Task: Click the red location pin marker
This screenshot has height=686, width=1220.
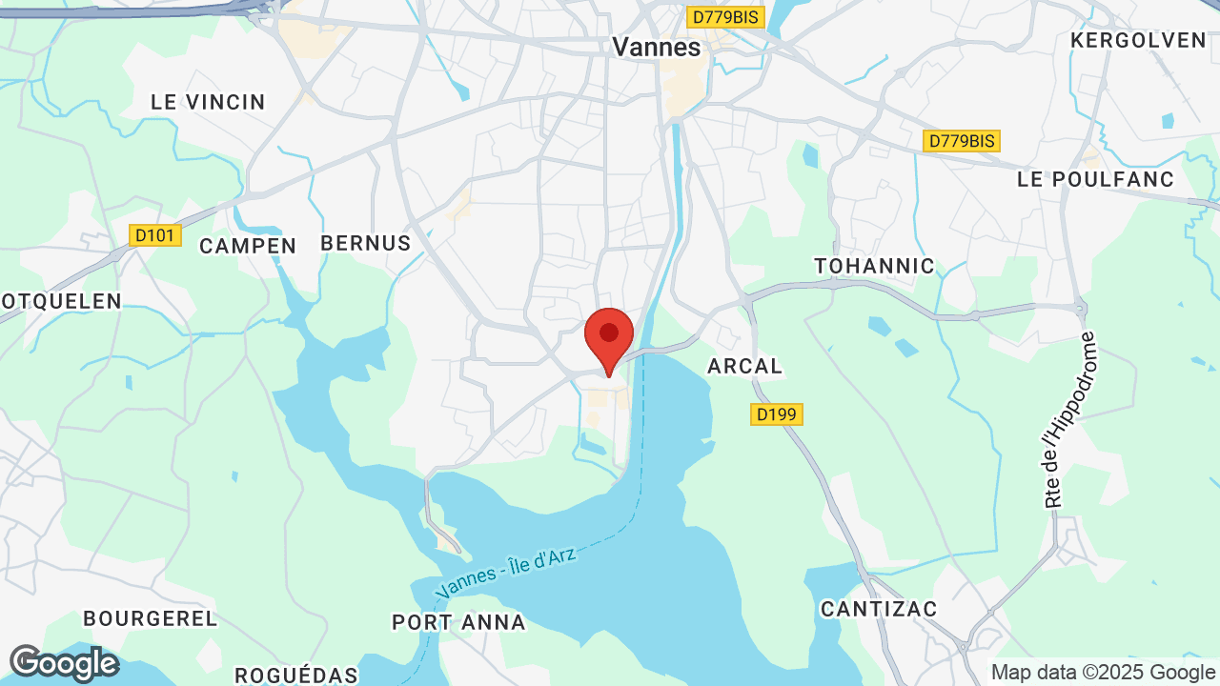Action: [609, 336]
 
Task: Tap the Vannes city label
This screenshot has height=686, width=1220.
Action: [656, 47]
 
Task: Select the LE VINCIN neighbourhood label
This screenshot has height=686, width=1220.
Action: [208, 102]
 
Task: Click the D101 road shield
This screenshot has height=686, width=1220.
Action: [155, 234]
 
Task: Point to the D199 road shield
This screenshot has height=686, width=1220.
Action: [777, 414]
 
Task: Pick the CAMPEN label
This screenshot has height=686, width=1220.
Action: [248, 246]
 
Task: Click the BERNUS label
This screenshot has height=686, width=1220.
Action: [366, 243]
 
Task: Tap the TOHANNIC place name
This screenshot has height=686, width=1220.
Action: [874, 266]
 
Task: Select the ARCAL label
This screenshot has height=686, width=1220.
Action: [744, 366]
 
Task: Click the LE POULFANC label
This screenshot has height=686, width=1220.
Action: [1096, 179]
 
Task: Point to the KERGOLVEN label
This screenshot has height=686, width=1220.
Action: [1138, 40]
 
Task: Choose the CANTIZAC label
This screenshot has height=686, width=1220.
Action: [879, 608]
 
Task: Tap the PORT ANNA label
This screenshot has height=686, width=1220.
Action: [458, 622]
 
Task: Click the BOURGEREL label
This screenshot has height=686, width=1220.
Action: [151, 618]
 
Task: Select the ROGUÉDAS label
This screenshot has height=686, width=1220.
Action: [296, 676]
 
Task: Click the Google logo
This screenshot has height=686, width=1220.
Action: [64, 663]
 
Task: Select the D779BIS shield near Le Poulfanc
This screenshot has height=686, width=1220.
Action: [962, 141]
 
